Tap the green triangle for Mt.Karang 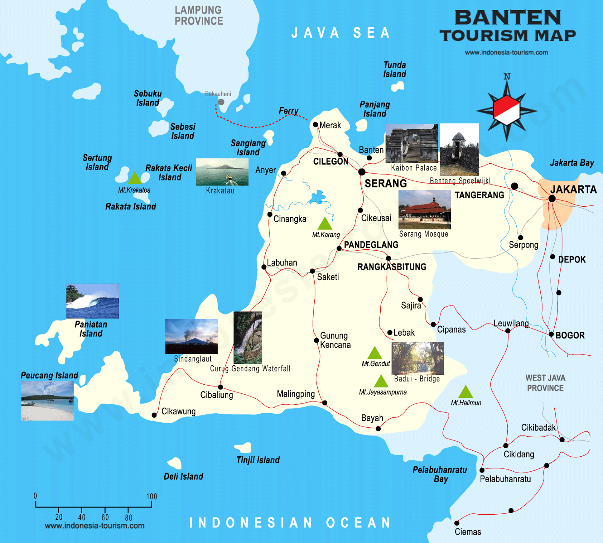(x=325, y=224)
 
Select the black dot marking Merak (x=315, y=124)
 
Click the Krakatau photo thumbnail (x=222, y=172)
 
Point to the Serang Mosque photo (x=424, y=209)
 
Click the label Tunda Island (x=395, y=69)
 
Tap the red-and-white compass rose (x=507, y=110)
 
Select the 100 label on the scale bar (x=152, y=496)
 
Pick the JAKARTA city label (x=573, y=189)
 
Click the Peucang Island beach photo (x=47, y=400)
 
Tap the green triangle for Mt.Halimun (x=465, y=393)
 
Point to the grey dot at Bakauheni (x=221, y=102)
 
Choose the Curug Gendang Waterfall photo (x=248, y=337)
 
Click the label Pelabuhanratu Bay (x=440, y=474)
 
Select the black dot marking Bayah (x=378, y=428)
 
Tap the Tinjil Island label (x=258, y=460)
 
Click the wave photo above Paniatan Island (x=92, y=301)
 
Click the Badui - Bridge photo (x=418, y=358)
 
